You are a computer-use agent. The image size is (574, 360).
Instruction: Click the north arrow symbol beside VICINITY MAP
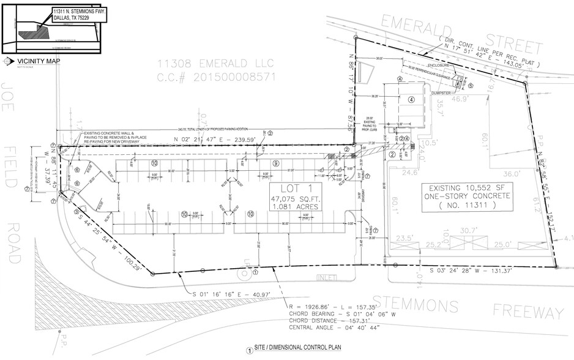tap(7, 61)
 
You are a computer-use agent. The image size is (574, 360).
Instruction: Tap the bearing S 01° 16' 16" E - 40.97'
tap(230, 295)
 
